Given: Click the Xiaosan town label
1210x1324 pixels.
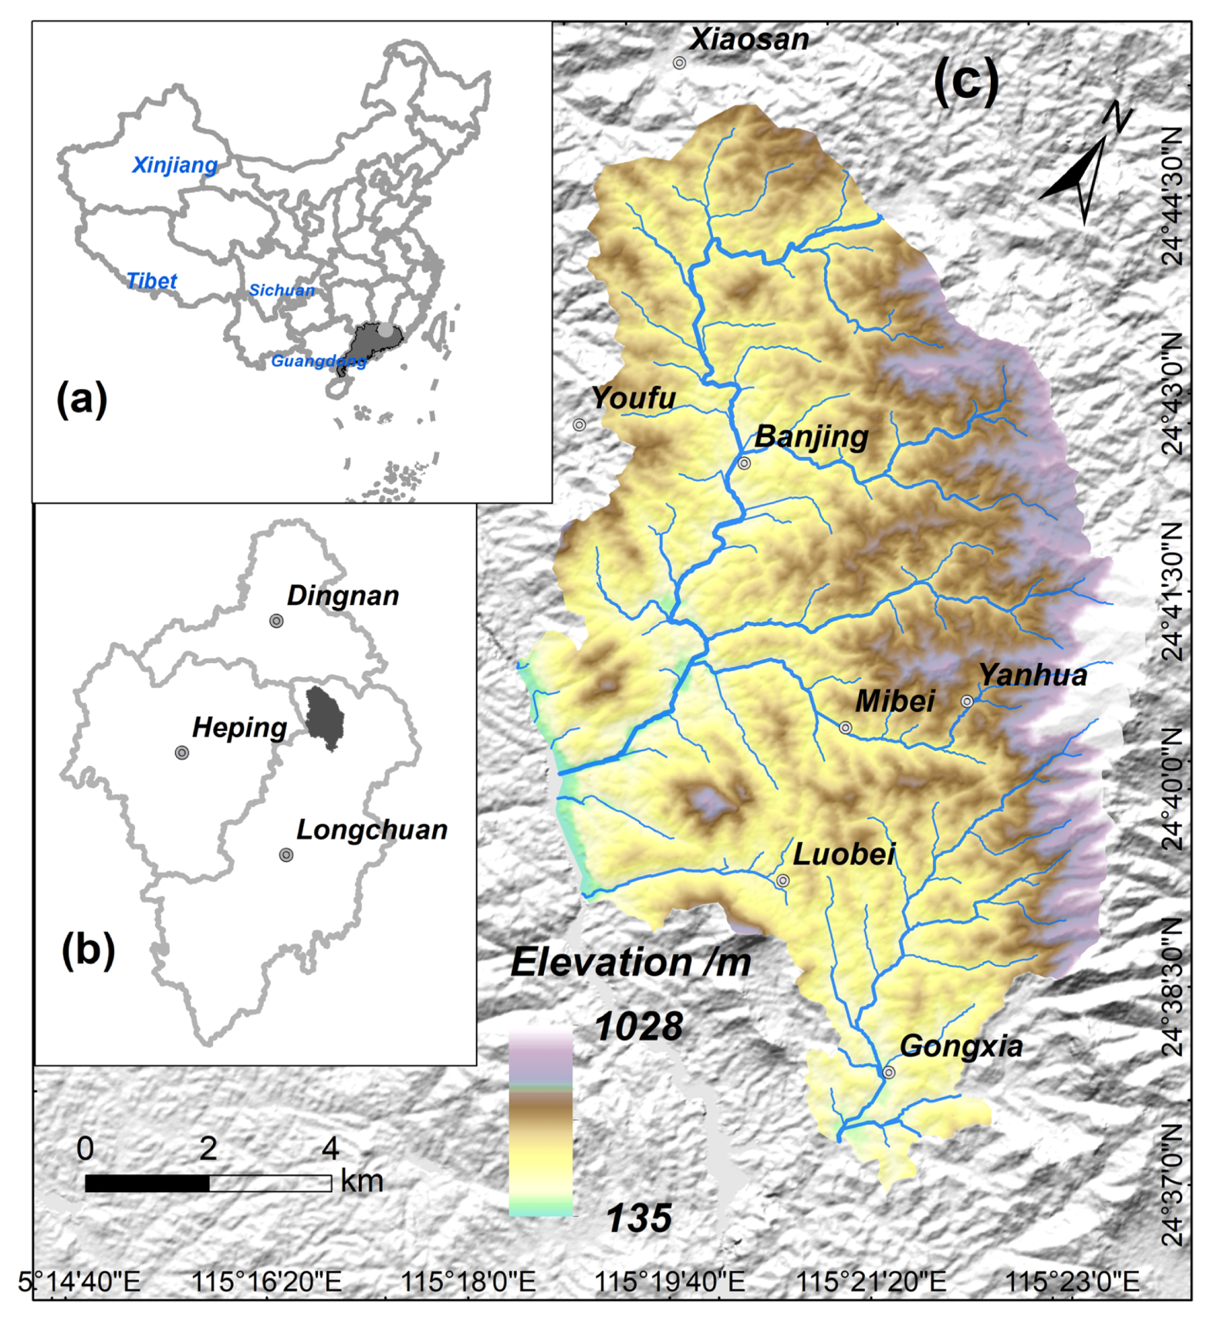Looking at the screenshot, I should coord(749,39).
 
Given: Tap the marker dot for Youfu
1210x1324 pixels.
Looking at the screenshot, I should coord(579,425).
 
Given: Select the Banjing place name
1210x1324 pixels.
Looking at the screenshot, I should coord(811,436).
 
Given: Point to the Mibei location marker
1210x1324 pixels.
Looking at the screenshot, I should coord(845,727).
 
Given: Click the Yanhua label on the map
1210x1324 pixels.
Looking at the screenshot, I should coord(1033,676).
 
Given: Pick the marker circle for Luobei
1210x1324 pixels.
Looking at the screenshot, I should coord(782,880).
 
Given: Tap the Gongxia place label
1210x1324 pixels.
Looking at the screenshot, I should coord(961,1047).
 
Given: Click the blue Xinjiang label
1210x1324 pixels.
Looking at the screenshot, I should coord(174,165).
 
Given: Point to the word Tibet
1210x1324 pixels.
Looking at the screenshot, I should coord(152,281).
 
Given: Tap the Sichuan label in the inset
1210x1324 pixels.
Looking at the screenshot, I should coord(282,290).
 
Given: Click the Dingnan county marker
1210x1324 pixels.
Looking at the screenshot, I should coord(276,621).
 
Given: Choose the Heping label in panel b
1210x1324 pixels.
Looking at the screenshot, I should coord(239,727).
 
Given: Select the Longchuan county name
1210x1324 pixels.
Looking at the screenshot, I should coord(372,830).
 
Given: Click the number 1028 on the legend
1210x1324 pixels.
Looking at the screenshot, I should coord(639,1027).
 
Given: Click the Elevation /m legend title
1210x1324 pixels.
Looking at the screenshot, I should coord(630,963).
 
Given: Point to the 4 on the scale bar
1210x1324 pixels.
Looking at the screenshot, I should coord(330,1149).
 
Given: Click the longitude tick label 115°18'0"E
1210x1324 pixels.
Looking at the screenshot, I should coord(468,1282).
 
